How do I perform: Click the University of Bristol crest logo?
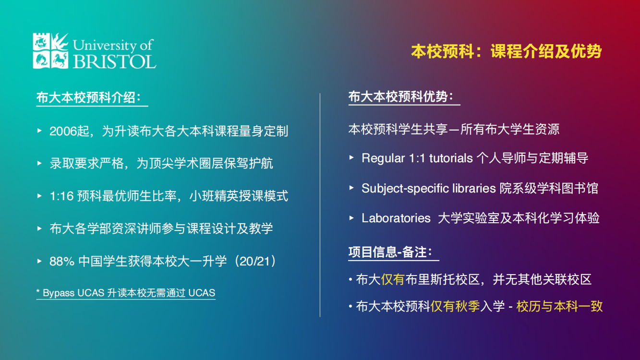(x=50, y=50)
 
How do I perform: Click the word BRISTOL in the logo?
(x=114, y=61)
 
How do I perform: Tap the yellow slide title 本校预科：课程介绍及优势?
(x=506, y=51)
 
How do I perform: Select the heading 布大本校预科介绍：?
(x=89, y=97)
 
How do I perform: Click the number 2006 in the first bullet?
(x=63, y=131)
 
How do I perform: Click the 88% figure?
(x=61, y=261)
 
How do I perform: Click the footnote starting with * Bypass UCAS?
(x=126, y=292)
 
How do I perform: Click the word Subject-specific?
(x=405, y=188)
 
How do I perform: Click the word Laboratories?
(x=396, y=218)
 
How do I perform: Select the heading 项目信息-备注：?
(x=390, y=252)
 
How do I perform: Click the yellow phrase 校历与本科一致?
(x=559, y=306)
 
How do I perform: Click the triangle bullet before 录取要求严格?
(x=40, y=163)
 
